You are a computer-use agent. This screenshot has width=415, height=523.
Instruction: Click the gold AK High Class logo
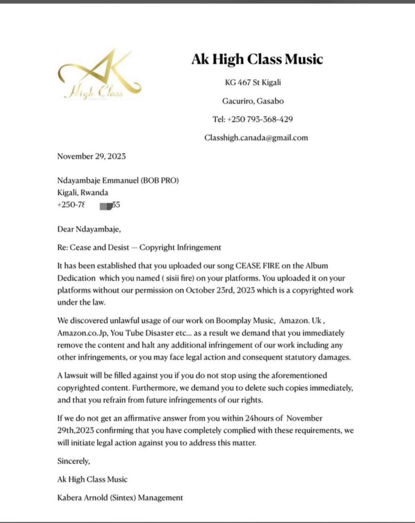[x=99, y=76]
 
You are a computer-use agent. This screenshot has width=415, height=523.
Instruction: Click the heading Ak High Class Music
[x=257, y=59]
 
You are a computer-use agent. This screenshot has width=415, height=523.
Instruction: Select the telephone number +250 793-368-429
[x=252, y=120]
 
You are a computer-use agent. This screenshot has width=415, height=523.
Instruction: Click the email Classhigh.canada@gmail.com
[x=256, y=138]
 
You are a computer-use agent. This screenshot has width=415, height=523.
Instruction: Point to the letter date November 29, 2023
[x=91, y=156]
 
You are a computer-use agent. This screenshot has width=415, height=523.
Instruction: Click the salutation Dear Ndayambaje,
[x=87, y=228]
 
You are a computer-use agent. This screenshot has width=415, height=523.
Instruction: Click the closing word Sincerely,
[x=74, y=460]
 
